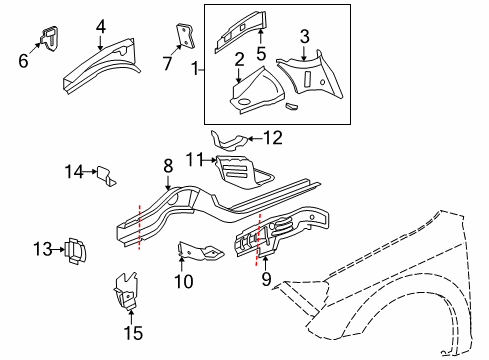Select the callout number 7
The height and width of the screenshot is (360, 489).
point(167,64)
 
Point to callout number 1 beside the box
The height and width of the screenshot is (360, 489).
point(197,70)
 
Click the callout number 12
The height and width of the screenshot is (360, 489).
point(273,139)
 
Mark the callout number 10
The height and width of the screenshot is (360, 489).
point(182,282)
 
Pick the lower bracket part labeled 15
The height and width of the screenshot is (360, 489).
point(125,291)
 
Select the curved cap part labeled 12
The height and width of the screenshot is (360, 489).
point(228,140)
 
